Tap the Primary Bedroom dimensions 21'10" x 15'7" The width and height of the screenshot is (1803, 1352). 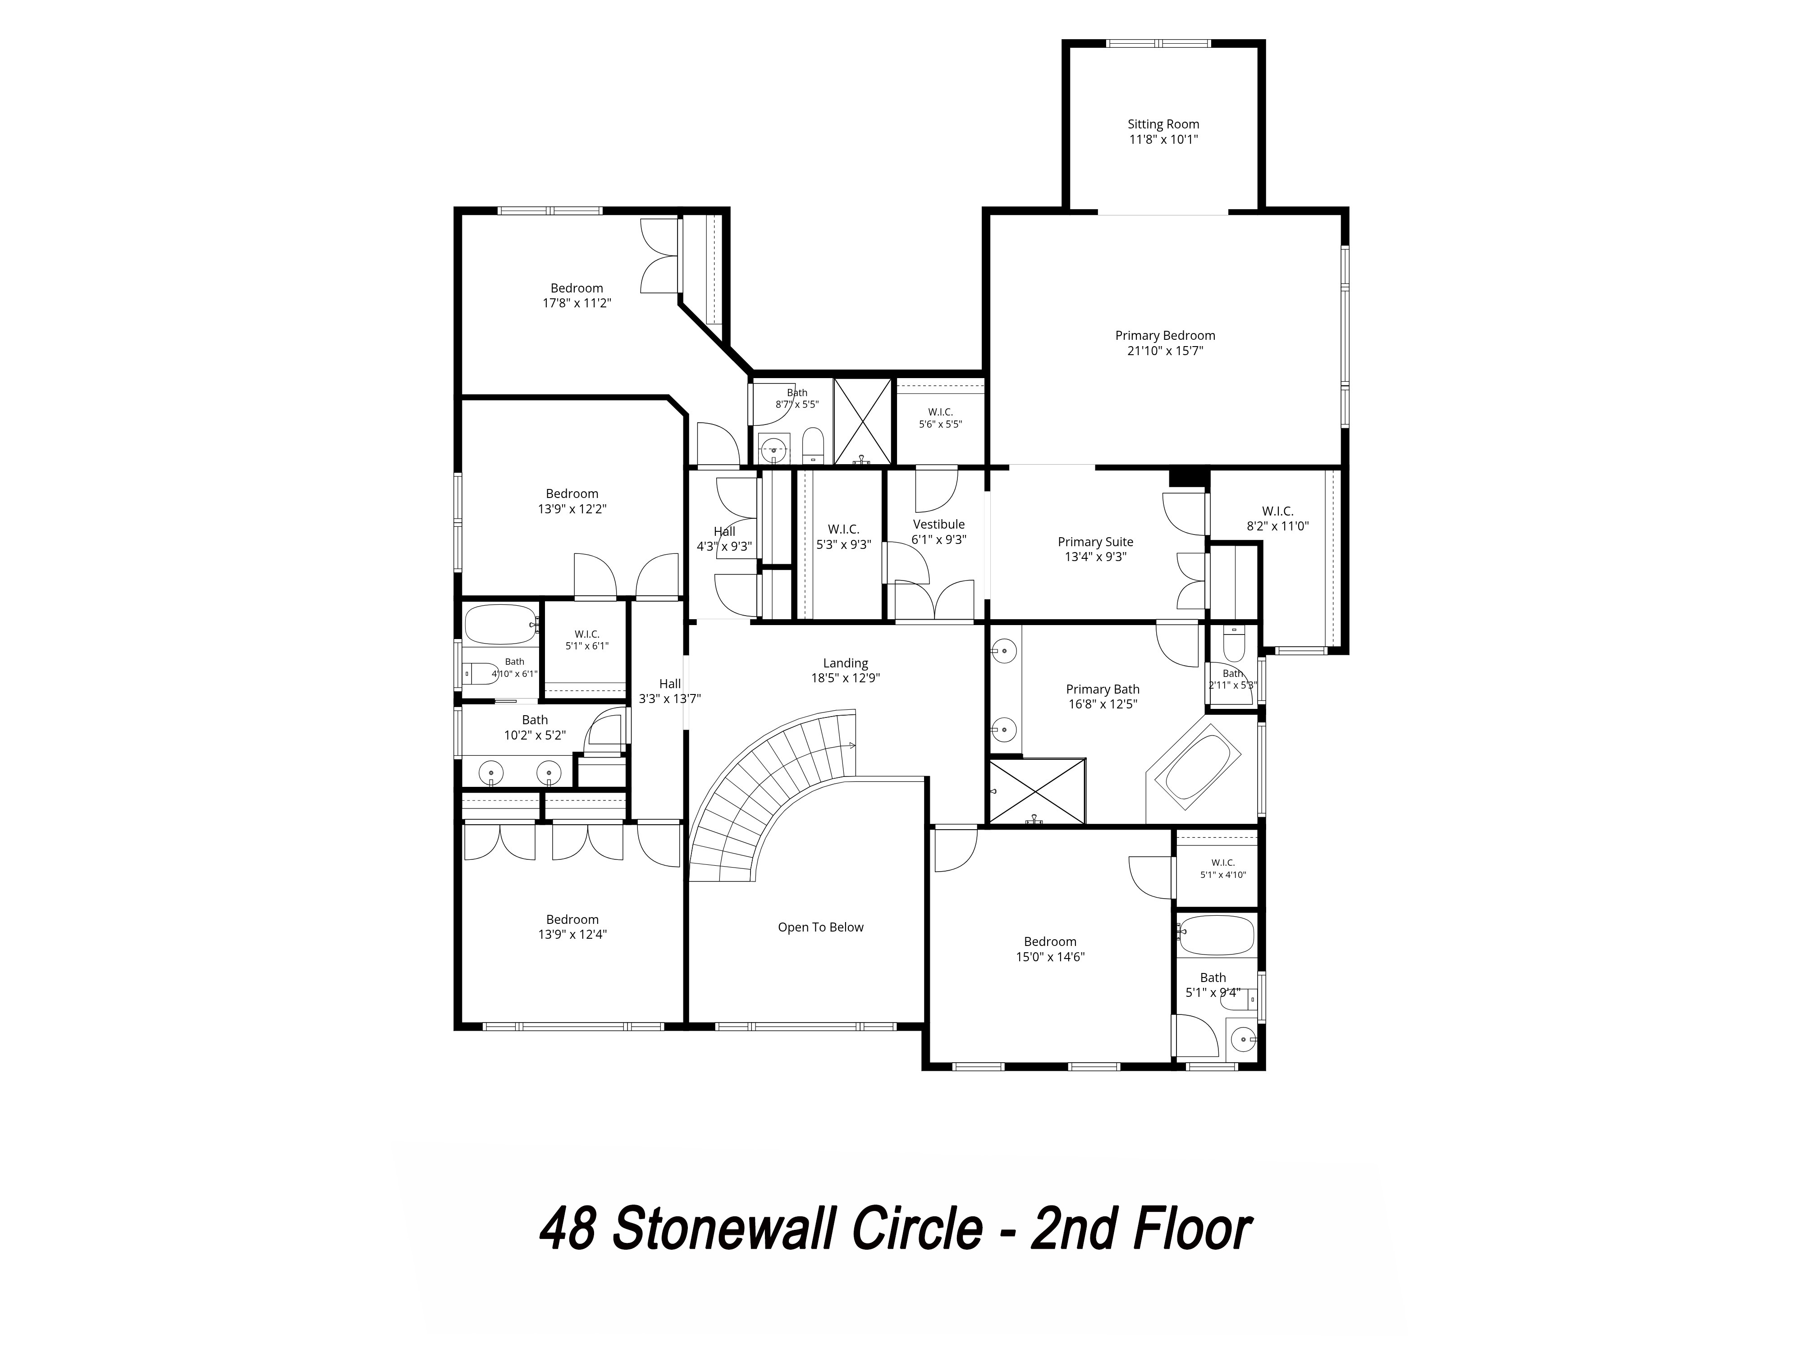[x=1165, y=351]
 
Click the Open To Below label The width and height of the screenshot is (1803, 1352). [x=820, y=927]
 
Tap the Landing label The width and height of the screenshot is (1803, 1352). [x=845, y=663]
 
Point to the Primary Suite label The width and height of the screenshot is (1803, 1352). [x=1095, y=542]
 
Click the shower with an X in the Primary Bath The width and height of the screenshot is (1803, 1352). [x=1037, y=790]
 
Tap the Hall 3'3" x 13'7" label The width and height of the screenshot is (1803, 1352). [x=670, y=691]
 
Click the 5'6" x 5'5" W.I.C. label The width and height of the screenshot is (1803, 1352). [x=941, y=418]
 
